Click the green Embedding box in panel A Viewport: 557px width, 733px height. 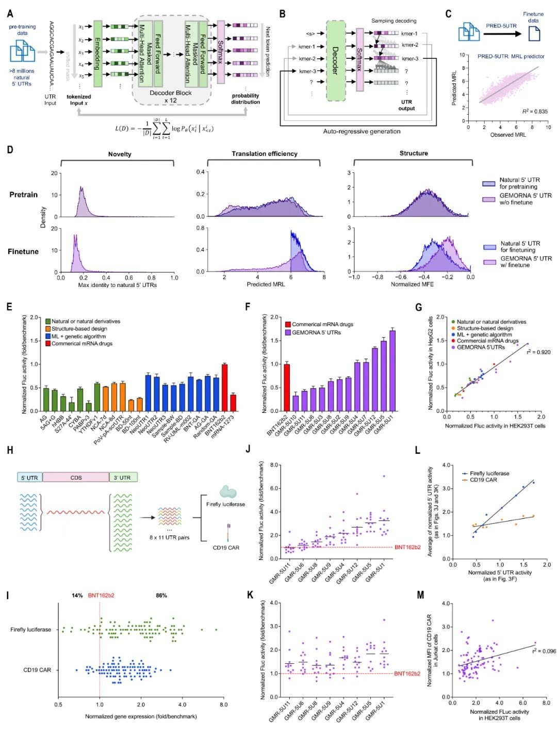(97, 54)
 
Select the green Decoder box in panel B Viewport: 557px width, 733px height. (335, 60)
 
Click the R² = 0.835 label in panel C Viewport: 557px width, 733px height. (535, 111)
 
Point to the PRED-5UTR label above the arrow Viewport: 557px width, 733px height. (501, 26)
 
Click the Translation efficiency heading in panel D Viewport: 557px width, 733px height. (264, 154)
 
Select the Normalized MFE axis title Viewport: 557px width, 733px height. (412, 284)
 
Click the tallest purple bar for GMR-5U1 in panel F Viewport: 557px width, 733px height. (392, 371)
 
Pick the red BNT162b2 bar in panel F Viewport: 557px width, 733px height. (287, 388)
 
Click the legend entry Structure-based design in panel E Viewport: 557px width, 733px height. (78, 329)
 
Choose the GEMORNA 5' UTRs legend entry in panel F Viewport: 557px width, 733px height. (316, 332)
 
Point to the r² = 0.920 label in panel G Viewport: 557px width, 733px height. (538, 352)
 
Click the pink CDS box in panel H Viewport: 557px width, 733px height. (76, 477)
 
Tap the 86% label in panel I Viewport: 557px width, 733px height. (161, 595)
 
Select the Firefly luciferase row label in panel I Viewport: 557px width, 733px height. (30, 629)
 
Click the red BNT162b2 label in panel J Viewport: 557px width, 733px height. (407, 547)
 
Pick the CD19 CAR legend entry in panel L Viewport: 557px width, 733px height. (483, 480)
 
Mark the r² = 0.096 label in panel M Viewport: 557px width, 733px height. (544, 651)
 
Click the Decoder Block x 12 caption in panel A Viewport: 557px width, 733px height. (170, 97)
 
